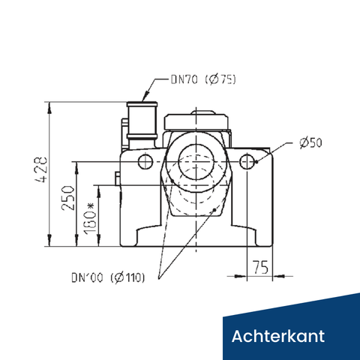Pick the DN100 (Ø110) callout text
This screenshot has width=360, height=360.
pyautogui.click(x=108, y=277)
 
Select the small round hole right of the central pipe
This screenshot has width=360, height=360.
pyautogui.click(x=246, y=160)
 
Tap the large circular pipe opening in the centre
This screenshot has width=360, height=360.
pyautogui.click(x=196, y=160)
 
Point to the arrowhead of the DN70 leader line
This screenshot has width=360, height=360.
pyautogui.click(x=143, y=100)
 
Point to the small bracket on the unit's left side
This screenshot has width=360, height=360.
pyautogui.click(x=118, y=178)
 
